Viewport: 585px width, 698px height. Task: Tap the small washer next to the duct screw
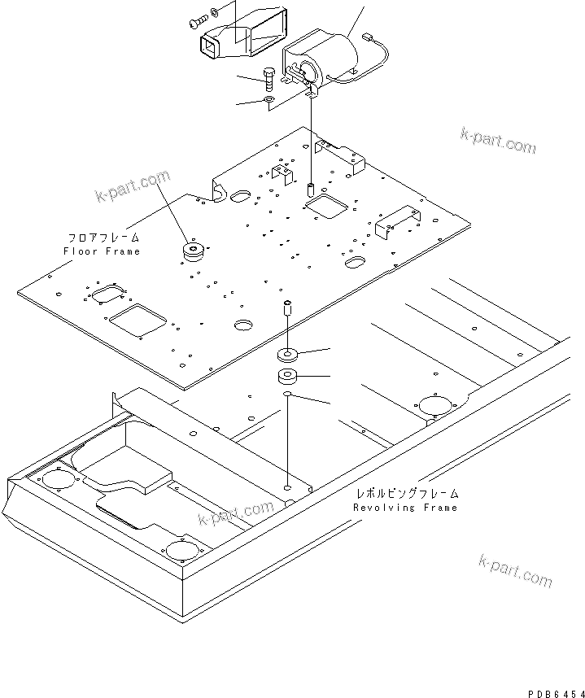[x=215, y=11]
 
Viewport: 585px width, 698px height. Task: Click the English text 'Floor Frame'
[x=102, y=251]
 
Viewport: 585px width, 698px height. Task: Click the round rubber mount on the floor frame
[x=194, y=252]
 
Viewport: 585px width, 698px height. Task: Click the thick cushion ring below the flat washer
[x=287, y=377]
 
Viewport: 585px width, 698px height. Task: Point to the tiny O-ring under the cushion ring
[x=287, y=396]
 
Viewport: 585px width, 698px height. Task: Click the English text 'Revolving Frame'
[x=404, y=508]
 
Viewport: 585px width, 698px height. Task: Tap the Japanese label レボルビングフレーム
[x=406, y=494]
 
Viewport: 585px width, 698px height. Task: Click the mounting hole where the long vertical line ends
[x=288, y=487]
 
